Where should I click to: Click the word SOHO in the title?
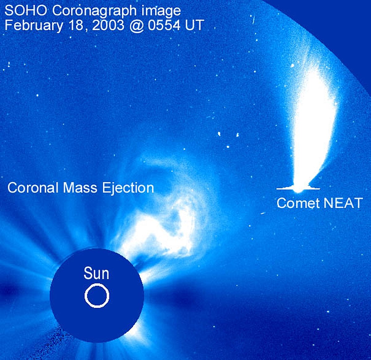[26, 11]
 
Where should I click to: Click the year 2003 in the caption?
[108, 25]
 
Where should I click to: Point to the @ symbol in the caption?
[136, 26]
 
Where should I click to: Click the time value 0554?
[164, 25]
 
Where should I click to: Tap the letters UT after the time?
[194, 25]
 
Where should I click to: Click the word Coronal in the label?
[33, 188]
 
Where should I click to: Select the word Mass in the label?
[80, 188]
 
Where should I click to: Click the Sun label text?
[96, 273]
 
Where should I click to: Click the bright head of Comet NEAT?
[298, 189]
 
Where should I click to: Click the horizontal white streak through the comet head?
[298, 189]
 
